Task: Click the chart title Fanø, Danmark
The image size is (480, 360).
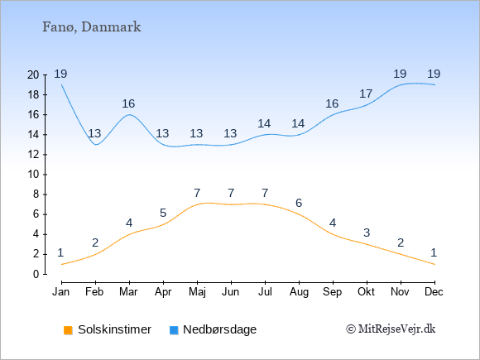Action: pos(92,27)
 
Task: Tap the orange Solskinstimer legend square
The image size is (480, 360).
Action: pos(68,330)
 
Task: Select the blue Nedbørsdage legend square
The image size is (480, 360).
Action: pos(174,330)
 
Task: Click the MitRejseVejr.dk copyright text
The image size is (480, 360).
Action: pos(391,329)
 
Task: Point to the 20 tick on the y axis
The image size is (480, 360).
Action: pos(33,74)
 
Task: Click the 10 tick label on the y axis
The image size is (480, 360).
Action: pos(33,175)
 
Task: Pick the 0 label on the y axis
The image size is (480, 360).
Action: pos(36,274)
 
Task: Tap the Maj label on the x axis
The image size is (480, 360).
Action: pos(197,292)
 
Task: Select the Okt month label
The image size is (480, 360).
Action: pos(367,292)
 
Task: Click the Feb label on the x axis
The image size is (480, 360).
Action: pos(94,292)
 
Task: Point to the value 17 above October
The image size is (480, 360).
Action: pos(366,94)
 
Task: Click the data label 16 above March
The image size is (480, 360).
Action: pos(128,103)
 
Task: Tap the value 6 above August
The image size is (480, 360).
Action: pos(299,203)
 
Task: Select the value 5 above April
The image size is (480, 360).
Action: pos(163,213)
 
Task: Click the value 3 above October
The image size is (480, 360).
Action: pos(367,233)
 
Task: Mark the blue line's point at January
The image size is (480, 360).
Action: pos(62,84)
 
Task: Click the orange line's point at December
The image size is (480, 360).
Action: pos(434,264)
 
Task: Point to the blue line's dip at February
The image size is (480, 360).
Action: pos(96,145)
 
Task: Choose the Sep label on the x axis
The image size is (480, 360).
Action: pos(333,292)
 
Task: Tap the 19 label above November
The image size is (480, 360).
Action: pos(400,74)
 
